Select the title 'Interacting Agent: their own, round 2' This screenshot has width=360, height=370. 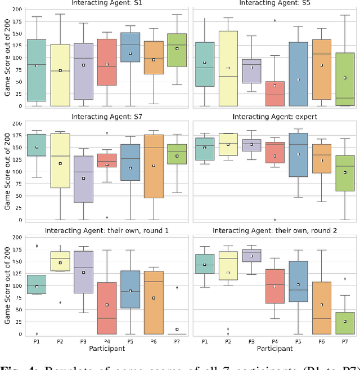274,230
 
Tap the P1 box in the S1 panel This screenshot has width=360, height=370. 37,70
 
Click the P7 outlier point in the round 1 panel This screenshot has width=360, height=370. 178,288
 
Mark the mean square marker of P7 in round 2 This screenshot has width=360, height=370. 344,321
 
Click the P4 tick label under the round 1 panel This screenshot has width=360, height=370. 107,341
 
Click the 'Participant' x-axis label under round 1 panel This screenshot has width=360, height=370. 107,349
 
